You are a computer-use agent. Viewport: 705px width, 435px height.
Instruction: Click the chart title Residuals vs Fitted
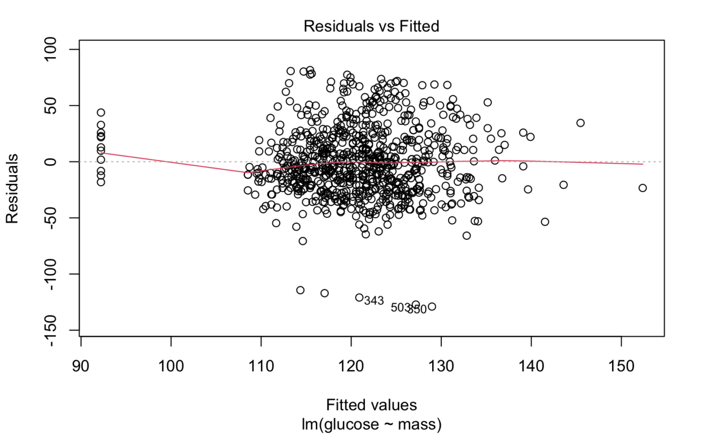point(371,26)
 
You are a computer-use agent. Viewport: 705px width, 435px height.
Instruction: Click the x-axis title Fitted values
point(371,405)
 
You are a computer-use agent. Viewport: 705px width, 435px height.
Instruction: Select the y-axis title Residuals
point(12,189)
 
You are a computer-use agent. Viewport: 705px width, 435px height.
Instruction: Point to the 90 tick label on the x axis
point(81,355)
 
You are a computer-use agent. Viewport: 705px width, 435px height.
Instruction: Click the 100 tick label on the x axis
point(171,355)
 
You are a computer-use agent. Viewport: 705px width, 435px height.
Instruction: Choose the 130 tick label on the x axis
point(441,355)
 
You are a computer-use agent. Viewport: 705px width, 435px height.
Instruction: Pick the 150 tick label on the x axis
point(621,355)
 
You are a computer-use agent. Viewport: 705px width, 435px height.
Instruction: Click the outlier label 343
point(374,301)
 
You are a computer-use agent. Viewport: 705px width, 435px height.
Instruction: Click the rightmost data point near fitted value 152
point(643,188)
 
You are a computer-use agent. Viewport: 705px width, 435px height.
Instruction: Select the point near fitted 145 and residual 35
point(581,123)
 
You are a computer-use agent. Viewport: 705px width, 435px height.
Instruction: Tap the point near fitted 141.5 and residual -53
point(545,222)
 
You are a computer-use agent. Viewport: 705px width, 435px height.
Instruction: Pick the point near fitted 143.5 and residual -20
point(563,185)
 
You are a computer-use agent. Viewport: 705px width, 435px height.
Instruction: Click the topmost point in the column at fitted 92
point(101,113)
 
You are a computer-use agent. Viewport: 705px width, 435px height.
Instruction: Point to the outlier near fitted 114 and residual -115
point(300,290)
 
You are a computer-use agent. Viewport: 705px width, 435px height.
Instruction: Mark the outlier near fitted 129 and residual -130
point(432,306)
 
